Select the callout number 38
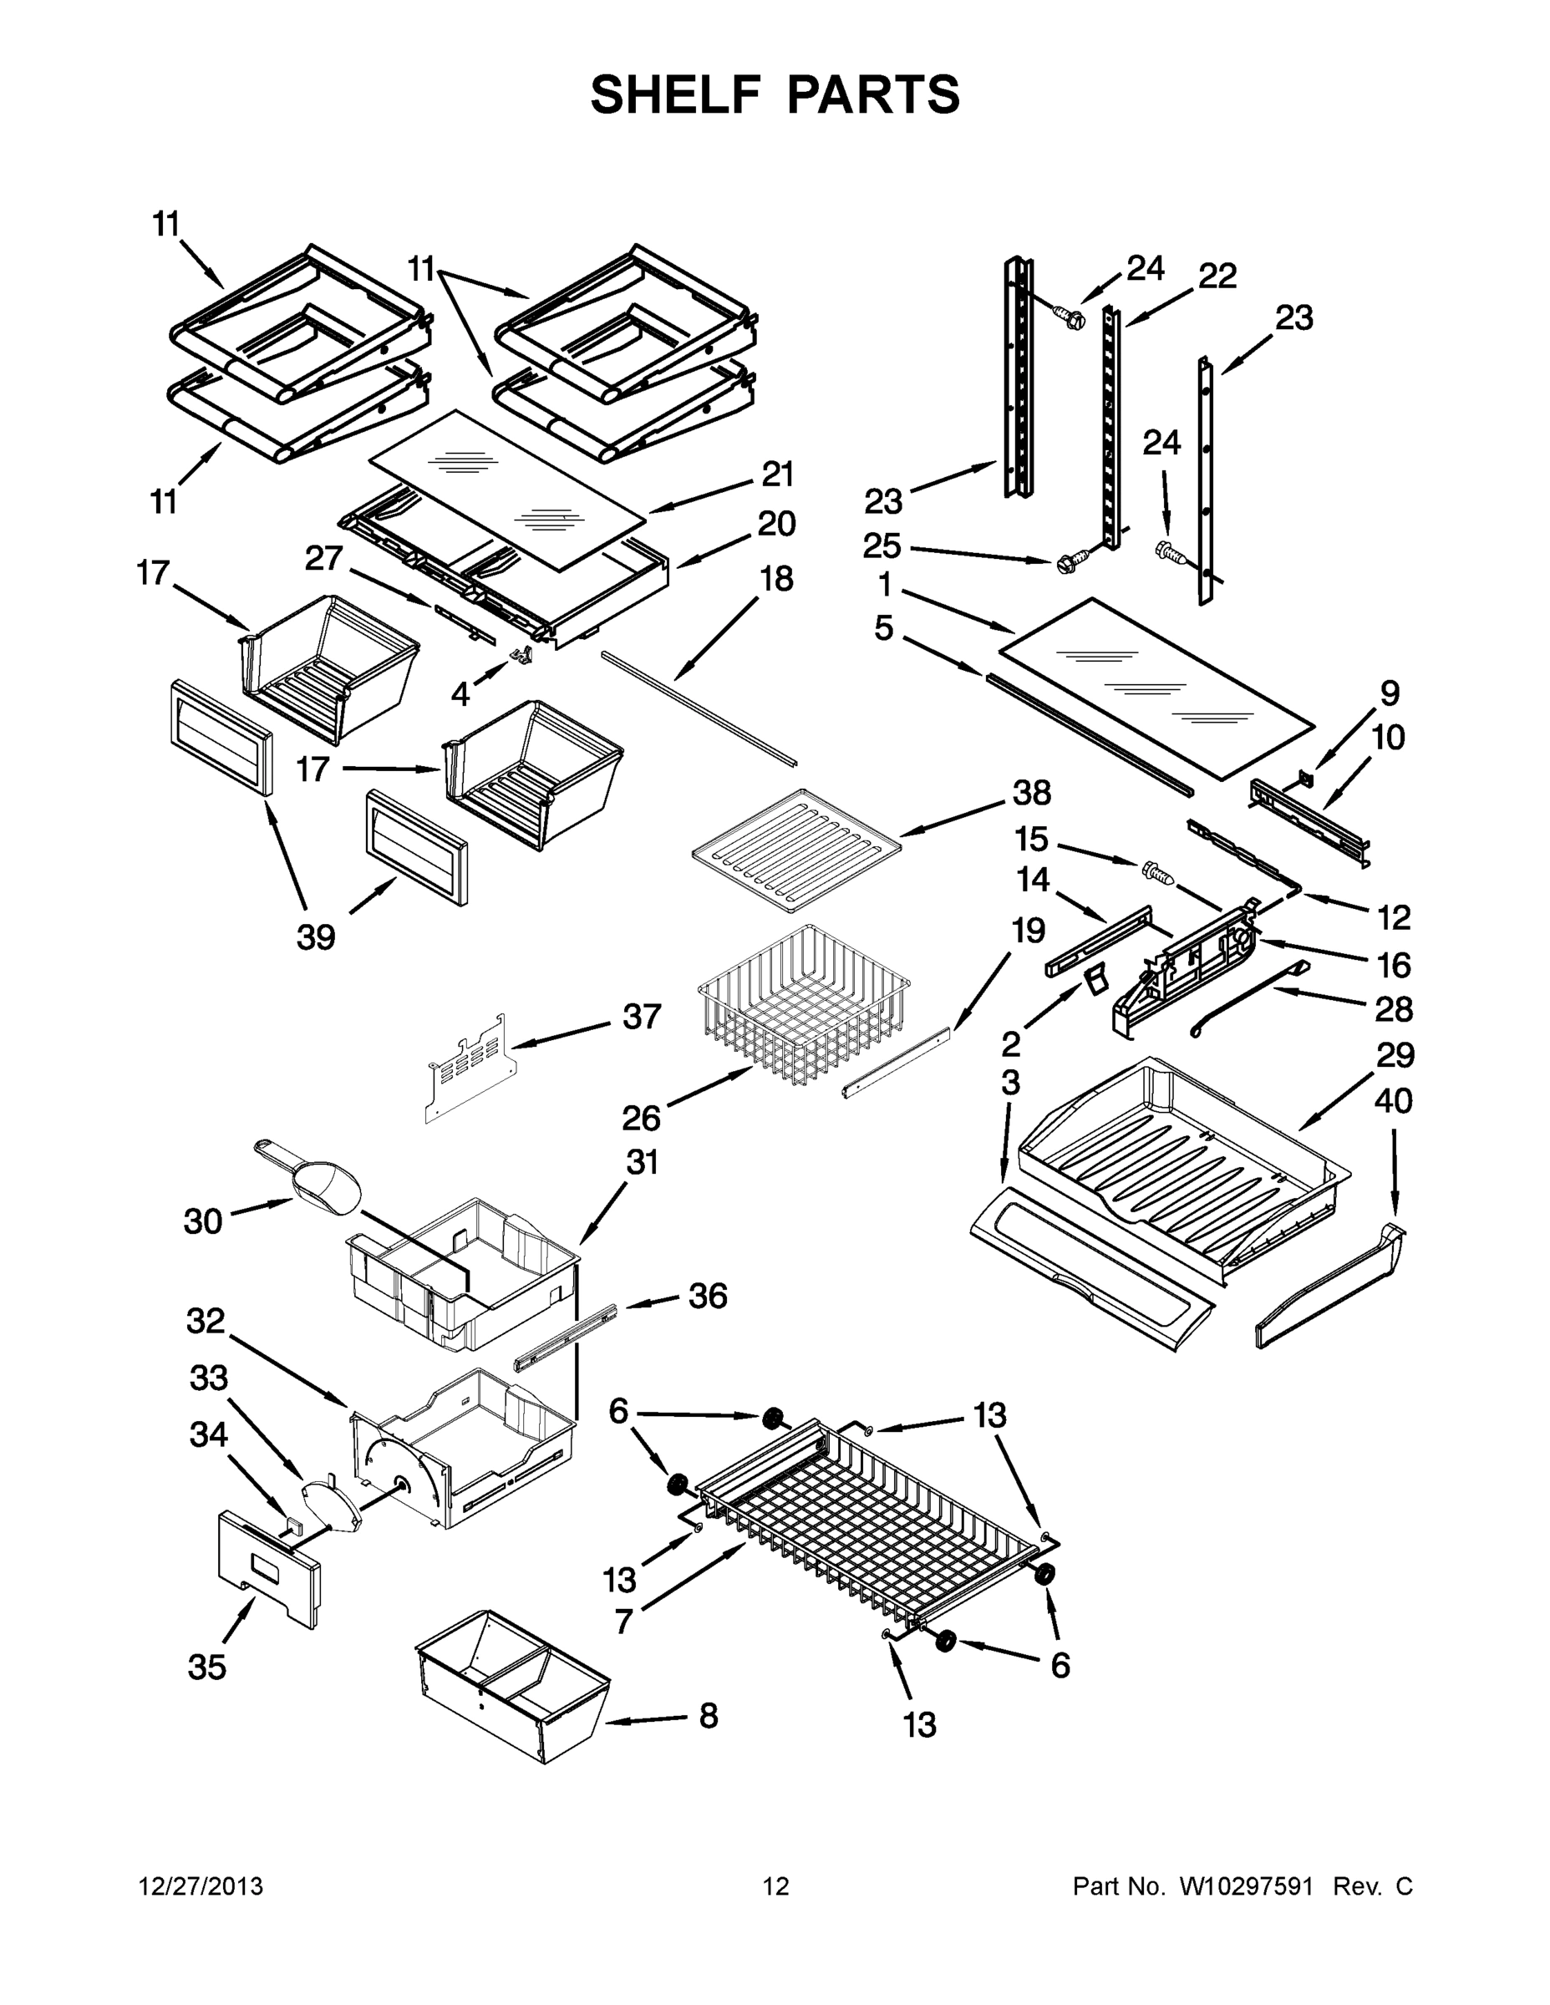[x=1031, y=792]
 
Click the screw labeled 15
[x=1159, y=872]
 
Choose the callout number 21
[x=778, y=475]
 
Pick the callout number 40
[x=1392, y=1101]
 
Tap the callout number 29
[x=1394, y=1055]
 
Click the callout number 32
[x=205, y=1321]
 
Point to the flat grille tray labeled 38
[x=795, y=849]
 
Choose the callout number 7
[x=623, y=1622]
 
